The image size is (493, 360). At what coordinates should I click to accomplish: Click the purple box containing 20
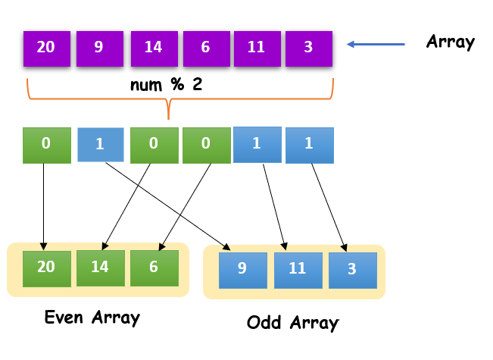pyautogui.click(x=46, y=48)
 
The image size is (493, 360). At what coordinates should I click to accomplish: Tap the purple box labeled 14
pyautogui.click(x=153, y=48)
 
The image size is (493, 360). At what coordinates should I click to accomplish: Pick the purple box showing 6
pyautogui.click(x=206, y=48)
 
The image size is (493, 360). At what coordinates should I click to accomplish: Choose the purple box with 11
pyautogui.click(x=256, y=48)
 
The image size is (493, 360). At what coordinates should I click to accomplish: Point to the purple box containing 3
pyautogui.click(x=308, y=48)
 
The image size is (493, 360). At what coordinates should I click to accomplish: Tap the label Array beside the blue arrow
pyautogui.click(x=450, y=42)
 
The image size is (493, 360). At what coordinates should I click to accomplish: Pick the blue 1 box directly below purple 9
pyautogui.click(x=100, y=144)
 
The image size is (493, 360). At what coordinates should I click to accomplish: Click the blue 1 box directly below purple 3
pyautogui.click(x=309, y=145)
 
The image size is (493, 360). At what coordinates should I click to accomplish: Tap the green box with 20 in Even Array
pyautogui.click(x=46, y=268)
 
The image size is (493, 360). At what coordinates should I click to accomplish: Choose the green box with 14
pyautogui.click(x=101, y=268)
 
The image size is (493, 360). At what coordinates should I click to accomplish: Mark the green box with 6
pyautogui.click(x=154, y=268)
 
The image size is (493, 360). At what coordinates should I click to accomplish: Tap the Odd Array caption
pyautogui.click(x=292, y=322)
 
